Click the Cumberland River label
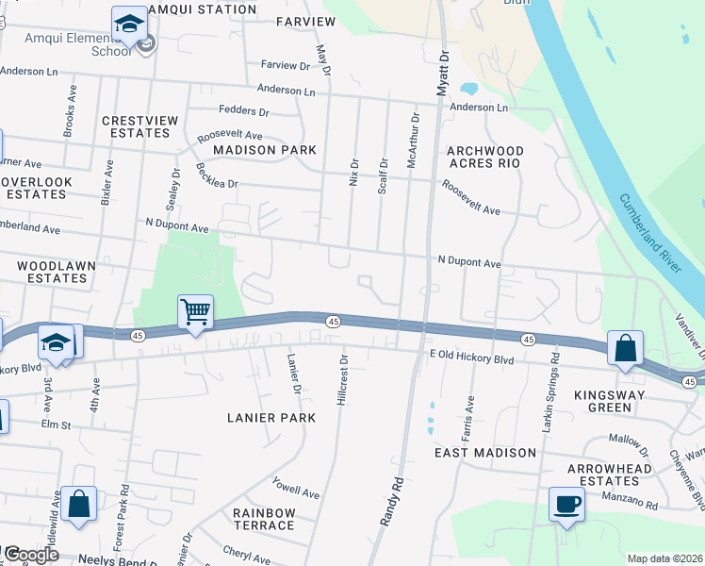[650, 232]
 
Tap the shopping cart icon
[195, 311]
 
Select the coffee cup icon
[567, 504]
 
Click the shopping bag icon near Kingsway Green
[626, 348]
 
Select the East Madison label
[485, 453]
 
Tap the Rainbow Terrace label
[265, 519]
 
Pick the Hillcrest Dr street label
[343, 380]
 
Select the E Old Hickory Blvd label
[471, 359]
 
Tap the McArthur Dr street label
[412, 141]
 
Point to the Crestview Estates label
[135, 126]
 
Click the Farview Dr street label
[285, 66]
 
